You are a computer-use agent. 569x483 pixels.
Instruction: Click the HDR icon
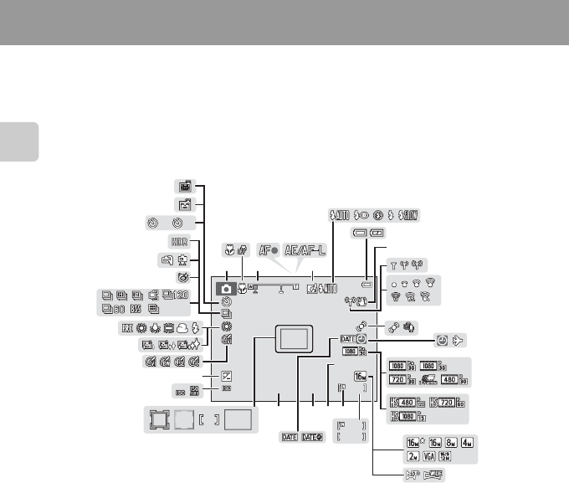click(x=179, y=241)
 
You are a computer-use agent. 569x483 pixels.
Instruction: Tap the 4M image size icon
click(x=460, y=442)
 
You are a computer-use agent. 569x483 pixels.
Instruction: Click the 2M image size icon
click(x=402, y=459)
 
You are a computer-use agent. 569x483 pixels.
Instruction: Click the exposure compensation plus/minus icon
click(x=226, y=375)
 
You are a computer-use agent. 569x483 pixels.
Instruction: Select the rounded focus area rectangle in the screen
click(x=293, y=338)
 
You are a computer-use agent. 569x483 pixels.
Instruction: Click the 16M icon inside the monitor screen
click(x=361, y=376)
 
